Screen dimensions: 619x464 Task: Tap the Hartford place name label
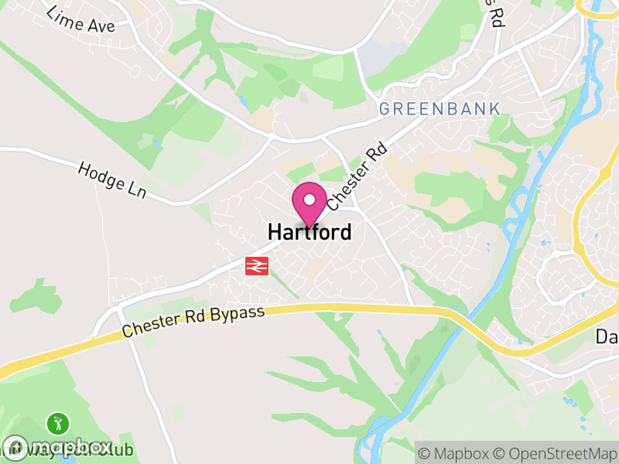309,231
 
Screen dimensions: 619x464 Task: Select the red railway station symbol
256,266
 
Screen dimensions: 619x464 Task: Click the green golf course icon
58,423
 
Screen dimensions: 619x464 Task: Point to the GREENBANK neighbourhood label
439,109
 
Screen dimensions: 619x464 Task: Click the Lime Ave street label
80,19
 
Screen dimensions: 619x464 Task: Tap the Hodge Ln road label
111,177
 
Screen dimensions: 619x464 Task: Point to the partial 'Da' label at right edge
607,337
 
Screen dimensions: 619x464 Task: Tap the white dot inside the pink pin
309,200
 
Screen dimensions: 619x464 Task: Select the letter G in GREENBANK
385,109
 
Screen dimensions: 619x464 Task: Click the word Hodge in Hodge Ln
100,173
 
